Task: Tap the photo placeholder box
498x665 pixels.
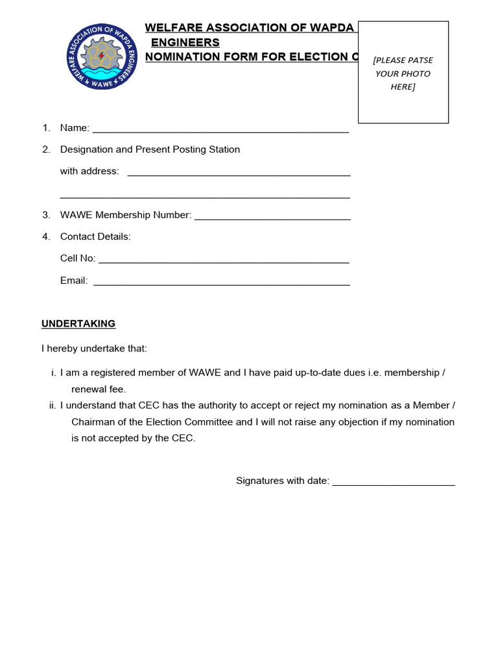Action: pos(403,72)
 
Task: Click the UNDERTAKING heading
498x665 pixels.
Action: pos(78,323)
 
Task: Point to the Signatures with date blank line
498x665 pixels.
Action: pos(394,482)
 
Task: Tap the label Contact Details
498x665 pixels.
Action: pos(95,236)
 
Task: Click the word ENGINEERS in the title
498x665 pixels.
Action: pos(185,42)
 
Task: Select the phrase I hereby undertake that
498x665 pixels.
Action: pos(95,349)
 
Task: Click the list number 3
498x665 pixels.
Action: pos(46,215)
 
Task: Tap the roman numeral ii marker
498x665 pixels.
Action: pos(53,405)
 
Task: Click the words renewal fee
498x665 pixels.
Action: pos(99,390)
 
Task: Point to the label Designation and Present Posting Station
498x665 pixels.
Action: pos(150,149)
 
